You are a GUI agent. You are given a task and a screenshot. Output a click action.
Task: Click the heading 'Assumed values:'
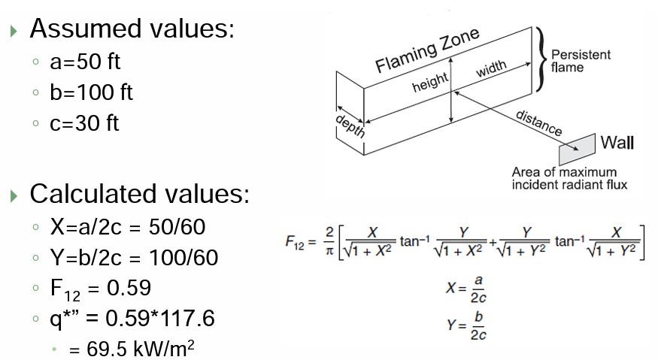[x=132, y=29]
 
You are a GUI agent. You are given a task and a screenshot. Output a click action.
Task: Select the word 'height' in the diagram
[x=430, y=83]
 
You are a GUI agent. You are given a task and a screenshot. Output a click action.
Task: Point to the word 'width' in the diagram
[x=490, y=69]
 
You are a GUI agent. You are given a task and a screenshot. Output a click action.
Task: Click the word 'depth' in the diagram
[x=350, y=126]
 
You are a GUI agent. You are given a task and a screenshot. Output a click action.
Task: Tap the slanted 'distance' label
[x=539, y=123]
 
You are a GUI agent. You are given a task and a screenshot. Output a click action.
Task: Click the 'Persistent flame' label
[x=581, y=61]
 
